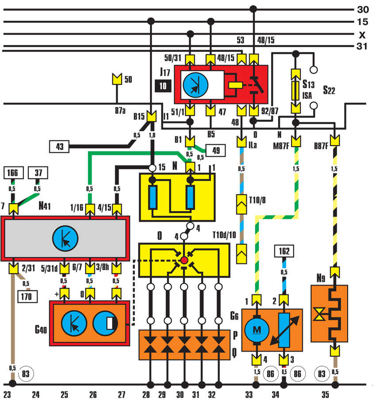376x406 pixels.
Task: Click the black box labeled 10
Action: [163, 86]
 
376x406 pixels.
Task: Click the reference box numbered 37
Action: [38, 174]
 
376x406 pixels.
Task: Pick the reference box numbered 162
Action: [284, 251]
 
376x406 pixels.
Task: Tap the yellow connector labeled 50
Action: [117, 79]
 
